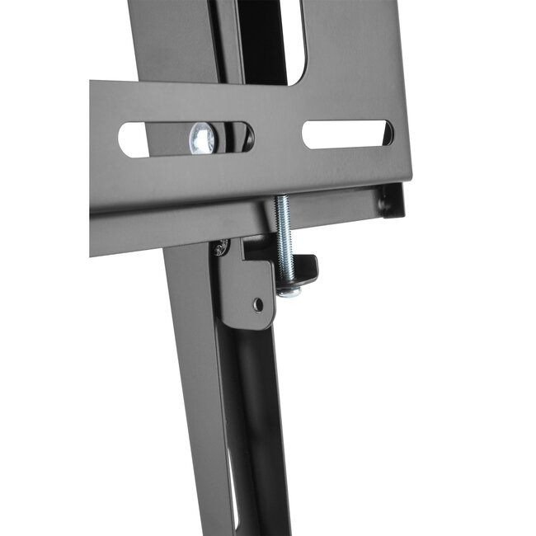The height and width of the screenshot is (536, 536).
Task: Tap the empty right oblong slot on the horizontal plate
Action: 346,134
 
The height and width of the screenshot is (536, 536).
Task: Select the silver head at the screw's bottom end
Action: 289,289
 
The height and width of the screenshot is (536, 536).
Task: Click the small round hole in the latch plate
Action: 258,304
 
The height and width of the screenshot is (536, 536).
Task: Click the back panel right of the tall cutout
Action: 355,41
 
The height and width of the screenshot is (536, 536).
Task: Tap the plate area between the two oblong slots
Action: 278,136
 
